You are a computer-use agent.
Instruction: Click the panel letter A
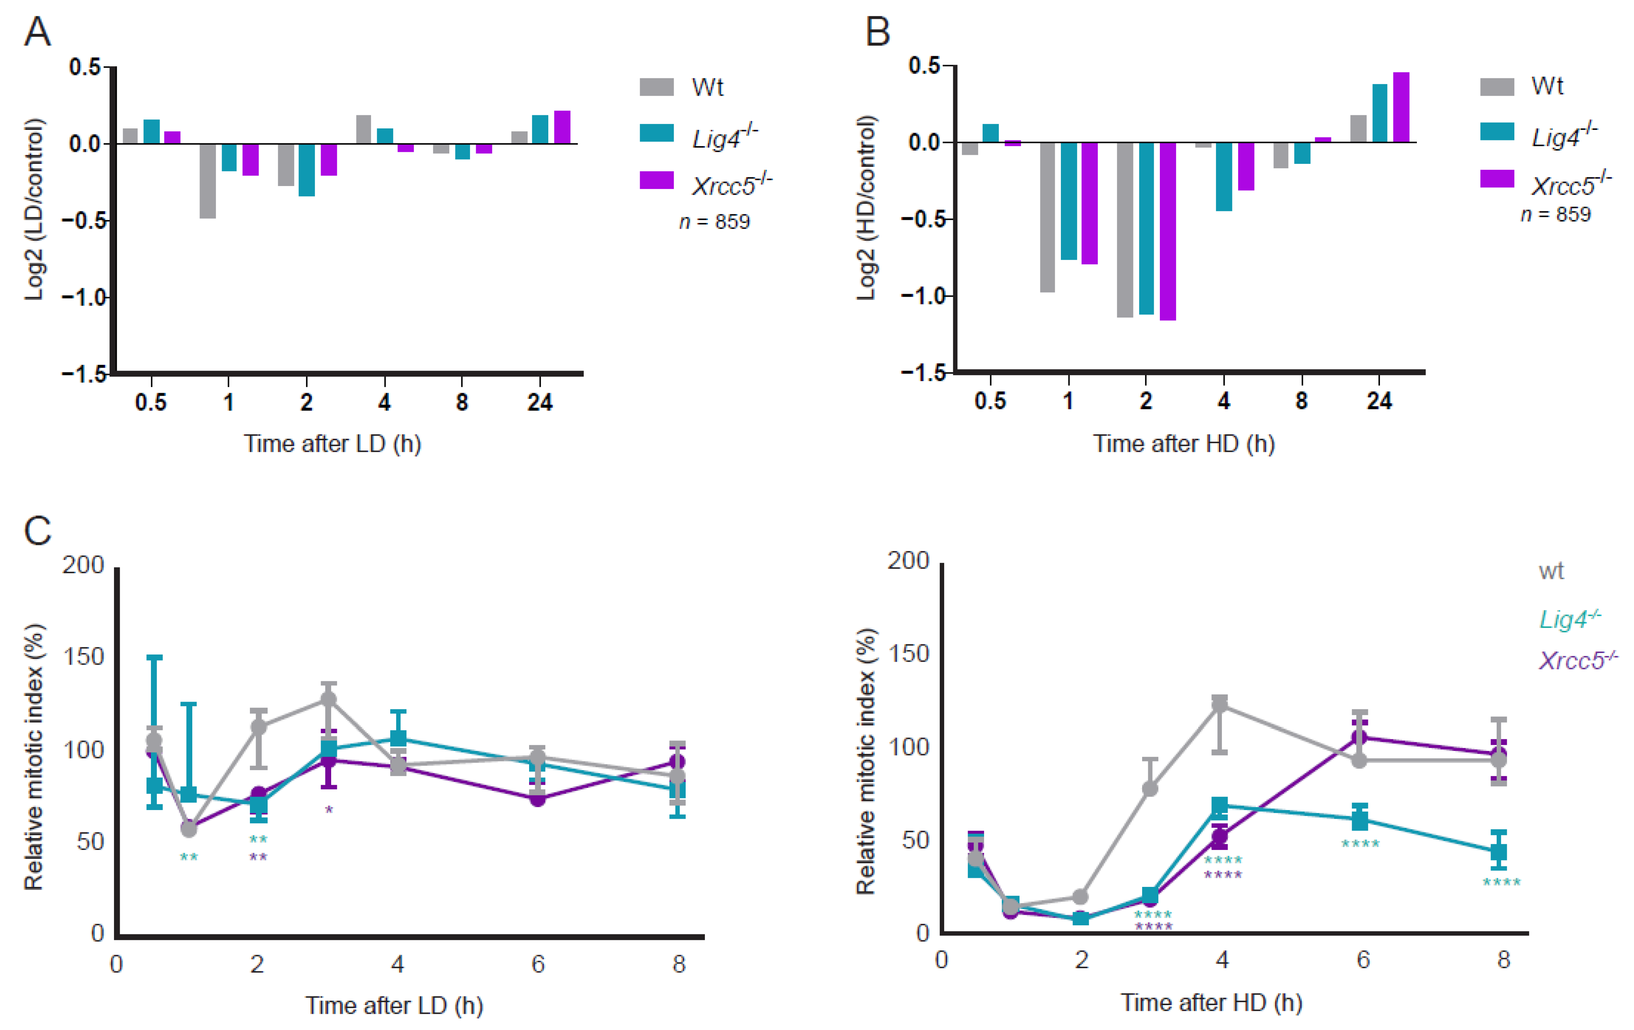coord(37,32)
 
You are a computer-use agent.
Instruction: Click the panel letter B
coord(877,32)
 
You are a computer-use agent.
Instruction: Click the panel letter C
coord(37,531)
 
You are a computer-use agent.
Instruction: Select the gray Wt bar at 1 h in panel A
coord(208,181)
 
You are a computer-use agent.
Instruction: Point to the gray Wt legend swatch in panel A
coord(656,87)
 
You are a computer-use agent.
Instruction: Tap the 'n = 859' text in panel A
coord(715,222)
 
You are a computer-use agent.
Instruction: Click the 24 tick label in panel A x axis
coord(540,403)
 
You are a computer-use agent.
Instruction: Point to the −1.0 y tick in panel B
coord(923,296)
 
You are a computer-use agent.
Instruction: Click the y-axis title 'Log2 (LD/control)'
coord(34,209)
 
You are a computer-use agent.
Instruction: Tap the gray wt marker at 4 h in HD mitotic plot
coord(1220,704)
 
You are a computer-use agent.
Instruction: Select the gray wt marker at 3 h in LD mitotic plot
coord(329,699)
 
